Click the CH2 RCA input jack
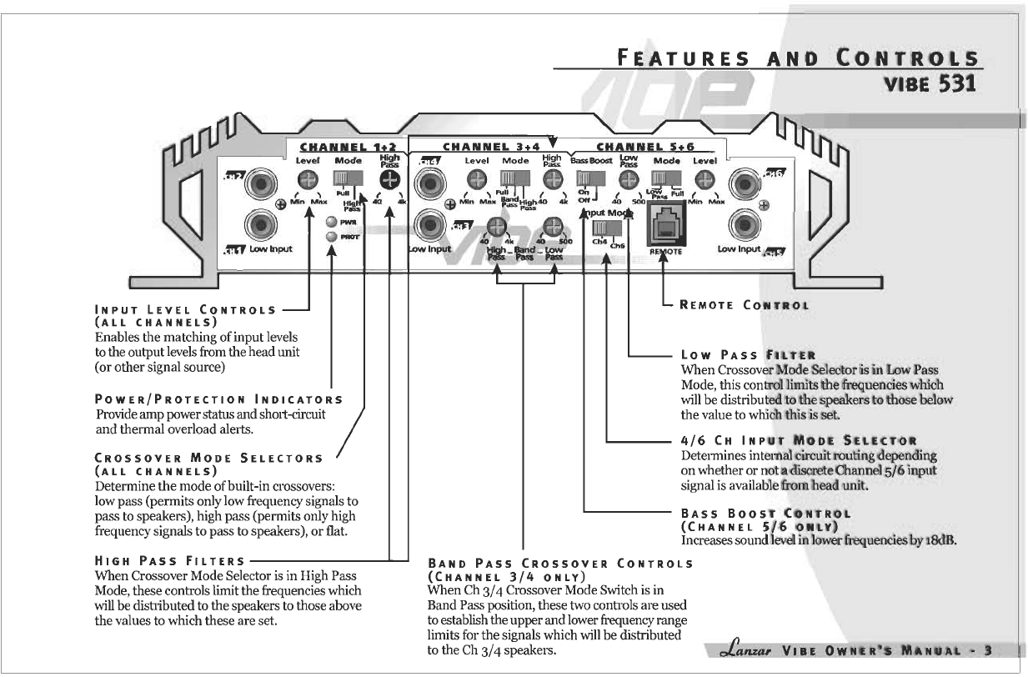[x=263, y=182]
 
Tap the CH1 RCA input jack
[x=263, y=225]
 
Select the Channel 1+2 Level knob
[x=308, y=179]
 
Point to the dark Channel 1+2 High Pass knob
[x=389, y=179]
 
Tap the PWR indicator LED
[x=332, y=223]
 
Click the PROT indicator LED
[x=332, y=237]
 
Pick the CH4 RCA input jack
[x=434, y=182]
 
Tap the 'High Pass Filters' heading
[x=171, y=560]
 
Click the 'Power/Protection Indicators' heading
[x=219, y=400]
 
